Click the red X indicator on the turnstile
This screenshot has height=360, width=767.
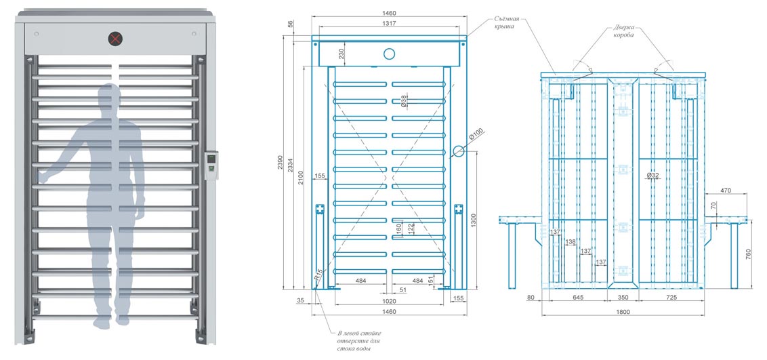[117, 38]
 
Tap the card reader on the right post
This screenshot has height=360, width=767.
[211, 163]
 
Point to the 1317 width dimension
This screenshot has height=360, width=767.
[388, 23]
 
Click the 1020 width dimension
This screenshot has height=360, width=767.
[388, 300]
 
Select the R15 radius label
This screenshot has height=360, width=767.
[319, 277]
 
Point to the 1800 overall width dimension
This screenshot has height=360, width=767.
[622, 312]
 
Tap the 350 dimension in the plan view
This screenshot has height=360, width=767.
[622, 297]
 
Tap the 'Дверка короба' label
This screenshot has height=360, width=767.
[624, 31]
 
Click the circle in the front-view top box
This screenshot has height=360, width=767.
[389, 54]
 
